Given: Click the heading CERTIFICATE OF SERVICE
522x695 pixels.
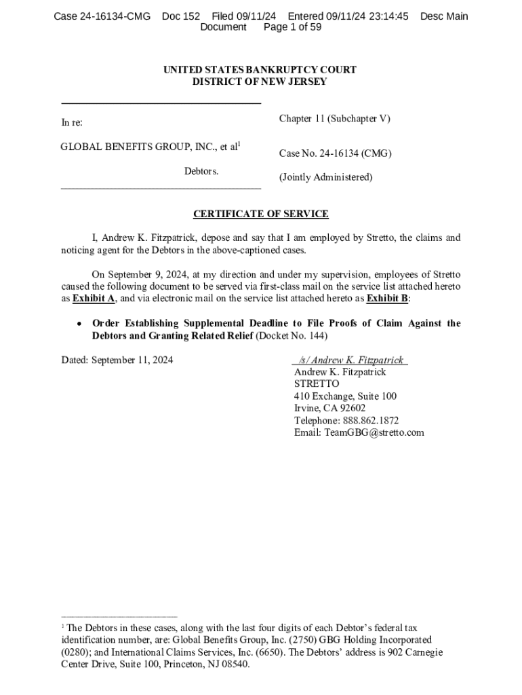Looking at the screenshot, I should click(260, 214).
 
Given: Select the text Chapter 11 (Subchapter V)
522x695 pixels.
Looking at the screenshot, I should click(334, 119).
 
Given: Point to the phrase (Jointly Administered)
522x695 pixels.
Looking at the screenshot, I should click(325, 177).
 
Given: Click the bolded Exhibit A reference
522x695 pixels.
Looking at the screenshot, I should click(94, 299).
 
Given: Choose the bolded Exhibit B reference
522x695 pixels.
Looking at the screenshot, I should click(388, 299).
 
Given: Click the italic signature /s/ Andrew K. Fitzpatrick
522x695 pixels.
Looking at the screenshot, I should click(350, 360).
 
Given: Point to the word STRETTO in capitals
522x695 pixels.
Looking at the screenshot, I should click(317, 384).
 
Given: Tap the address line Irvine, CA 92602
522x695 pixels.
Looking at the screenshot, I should click(329, 409).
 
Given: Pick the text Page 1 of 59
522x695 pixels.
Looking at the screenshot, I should click(292, 27).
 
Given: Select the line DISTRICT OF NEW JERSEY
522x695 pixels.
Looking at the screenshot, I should click(260, 82).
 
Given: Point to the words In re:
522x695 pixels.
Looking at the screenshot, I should click(72, 123).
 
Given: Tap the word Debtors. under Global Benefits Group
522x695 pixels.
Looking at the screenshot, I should click(201, 171).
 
